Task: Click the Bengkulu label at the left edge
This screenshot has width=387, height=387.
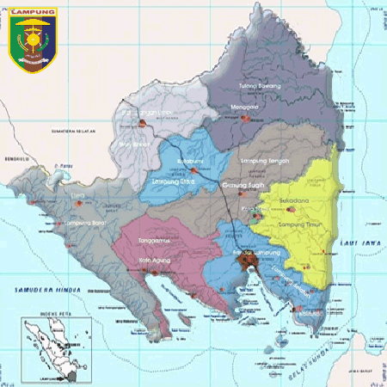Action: (15, 160)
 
